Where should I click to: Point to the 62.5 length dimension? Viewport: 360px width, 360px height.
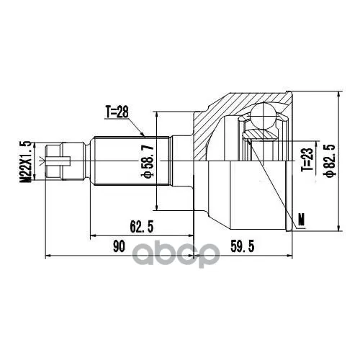coord(140,227)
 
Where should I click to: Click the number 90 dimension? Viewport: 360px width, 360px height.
coord(120,247)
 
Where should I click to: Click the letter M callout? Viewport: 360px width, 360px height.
coord(301,218)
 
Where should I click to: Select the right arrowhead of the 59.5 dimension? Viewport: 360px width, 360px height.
coord(291,255)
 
